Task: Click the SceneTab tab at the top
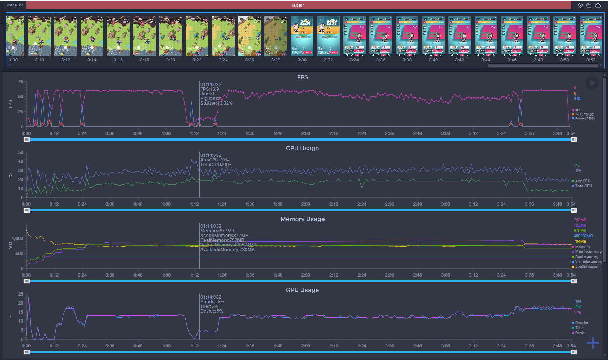coord(14,5)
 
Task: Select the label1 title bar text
coord(298,5)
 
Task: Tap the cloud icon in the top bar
coord(598,5)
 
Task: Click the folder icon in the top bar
coord(589,5)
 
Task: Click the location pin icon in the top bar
coord(580,5)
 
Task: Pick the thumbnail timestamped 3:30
coord(302,36)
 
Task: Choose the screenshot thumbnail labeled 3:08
coord(15,36)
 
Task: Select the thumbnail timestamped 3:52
coord(591,36)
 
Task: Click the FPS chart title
coord(303,77)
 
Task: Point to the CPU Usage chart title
coord(302,148)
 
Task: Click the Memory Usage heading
coord(303,219)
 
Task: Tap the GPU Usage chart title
coord(302,290)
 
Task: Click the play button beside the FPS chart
coord(592,83)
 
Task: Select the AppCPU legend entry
coord(582,181)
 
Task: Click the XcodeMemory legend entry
coord(588,252)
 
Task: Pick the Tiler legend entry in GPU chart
coord(579,328)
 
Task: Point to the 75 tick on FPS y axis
coord(21,82)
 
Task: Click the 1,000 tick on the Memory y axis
coord(17,238)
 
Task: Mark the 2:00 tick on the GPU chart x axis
coord(306,346)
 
